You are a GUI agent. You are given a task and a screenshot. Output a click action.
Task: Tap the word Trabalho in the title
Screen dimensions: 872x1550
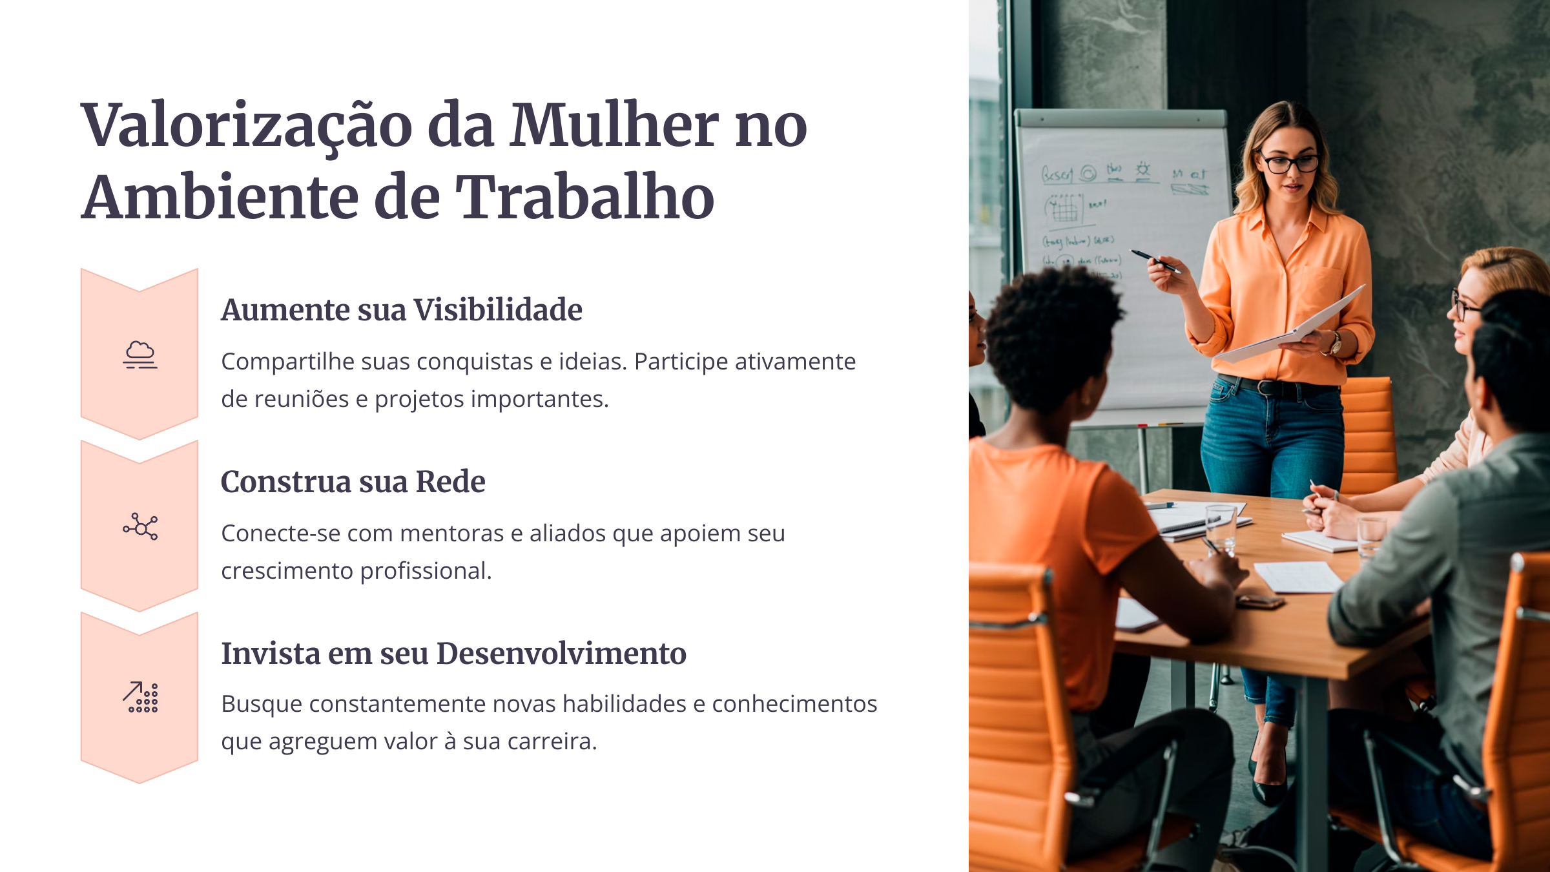[x=585, y=198]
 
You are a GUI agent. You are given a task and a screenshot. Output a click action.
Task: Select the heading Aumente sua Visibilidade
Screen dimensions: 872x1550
[x=401, y=310]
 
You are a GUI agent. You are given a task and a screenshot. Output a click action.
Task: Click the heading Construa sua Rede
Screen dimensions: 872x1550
[x=353, y=482]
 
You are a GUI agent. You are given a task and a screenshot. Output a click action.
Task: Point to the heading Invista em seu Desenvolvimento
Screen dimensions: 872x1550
[x=453, y=654]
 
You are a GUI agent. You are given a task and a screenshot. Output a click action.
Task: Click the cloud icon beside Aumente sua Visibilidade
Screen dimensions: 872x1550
[x=140, y=355]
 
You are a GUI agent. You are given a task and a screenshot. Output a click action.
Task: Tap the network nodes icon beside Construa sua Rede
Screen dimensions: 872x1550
[x=140, y=526]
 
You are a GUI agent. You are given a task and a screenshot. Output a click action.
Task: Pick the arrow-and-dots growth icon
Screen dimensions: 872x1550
[x=140, y=698]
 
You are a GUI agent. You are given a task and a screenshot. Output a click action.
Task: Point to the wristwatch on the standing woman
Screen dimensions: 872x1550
[x=1334, y=342]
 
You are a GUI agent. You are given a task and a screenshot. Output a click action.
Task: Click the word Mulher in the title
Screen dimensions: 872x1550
[x=614, y=126]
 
